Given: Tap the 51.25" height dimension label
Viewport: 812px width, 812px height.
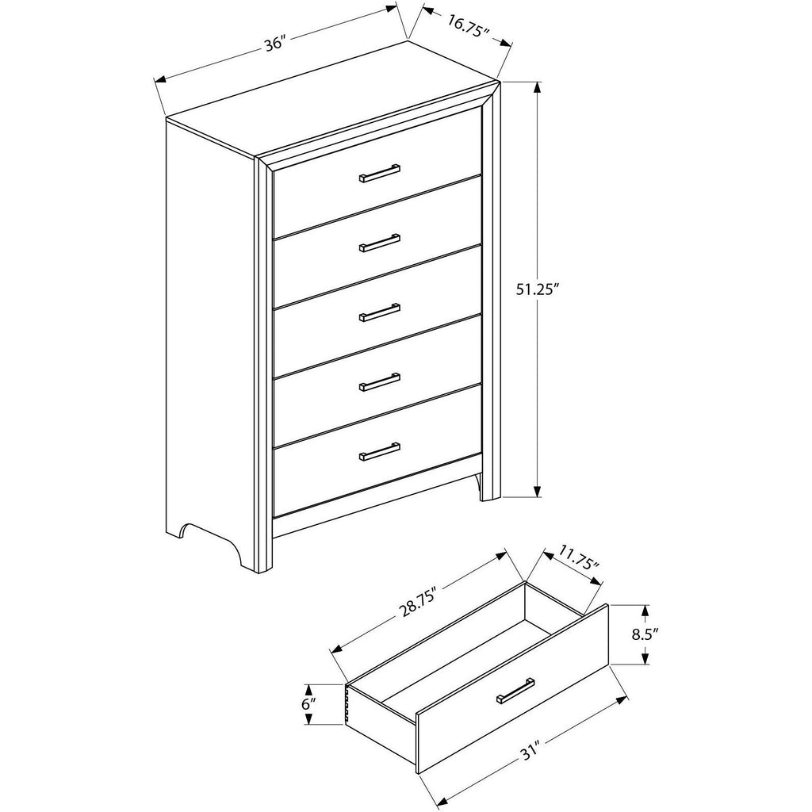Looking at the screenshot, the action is [538, 289].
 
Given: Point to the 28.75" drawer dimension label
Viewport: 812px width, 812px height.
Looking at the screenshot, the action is [417, 603].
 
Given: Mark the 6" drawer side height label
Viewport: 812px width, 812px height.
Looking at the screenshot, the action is [308, 704].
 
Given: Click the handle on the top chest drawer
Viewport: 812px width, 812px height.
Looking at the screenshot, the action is [380, 173].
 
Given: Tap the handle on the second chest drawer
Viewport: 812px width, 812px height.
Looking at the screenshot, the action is [380, 243].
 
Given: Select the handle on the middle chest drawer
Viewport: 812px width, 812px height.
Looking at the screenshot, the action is [380, 312].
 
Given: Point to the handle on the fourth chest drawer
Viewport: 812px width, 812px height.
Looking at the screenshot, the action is [380, 381].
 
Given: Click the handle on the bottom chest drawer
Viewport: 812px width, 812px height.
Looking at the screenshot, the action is [380, 451].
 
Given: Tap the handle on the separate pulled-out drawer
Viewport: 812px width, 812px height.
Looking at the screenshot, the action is [515, 691].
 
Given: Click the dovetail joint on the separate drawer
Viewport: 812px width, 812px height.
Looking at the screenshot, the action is [348, 703].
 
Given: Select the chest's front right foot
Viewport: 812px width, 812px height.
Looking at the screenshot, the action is [490, 487].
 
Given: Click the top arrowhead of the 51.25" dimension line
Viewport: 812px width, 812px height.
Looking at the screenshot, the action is [538, 88].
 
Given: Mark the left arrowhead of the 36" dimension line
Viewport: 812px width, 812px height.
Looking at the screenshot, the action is [160, 80].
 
